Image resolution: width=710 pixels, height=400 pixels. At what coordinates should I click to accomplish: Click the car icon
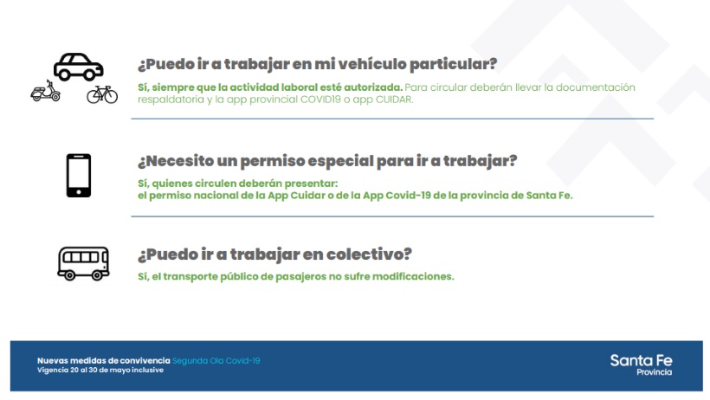coord(78,67)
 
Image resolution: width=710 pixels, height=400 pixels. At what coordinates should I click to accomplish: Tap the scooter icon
coord(45,91)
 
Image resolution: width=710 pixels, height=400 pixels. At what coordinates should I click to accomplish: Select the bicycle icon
coord(102,94)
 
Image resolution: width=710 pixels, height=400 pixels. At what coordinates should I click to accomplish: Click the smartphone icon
coord(79,175)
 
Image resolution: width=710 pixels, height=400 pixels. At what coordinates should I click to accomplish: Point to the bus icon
coord(83,263)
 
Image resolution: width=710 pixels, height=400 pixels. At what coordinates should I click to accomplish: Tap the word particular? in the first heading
coord(453,64)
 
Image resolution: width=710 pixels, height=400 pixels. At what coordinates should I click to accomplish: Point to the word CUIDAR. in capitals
coord(394,100)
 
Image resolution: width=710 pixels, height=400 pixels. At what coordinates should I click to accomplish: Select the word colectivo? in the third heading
coord(369,255)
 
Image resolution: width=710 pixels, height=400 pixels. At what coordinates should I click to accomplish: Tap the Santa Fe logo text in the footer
coord(641,360)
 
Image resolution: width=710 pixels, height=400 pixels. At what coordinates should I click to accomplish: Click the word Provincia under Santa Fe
coord(655,372)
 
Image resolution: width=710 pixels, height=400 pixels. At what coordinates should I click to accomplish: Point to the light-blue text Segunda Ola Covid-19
coord(216,361)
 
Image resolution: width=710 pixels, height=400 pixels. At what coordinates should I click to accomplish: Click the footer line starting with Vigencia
coord(100,370)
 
